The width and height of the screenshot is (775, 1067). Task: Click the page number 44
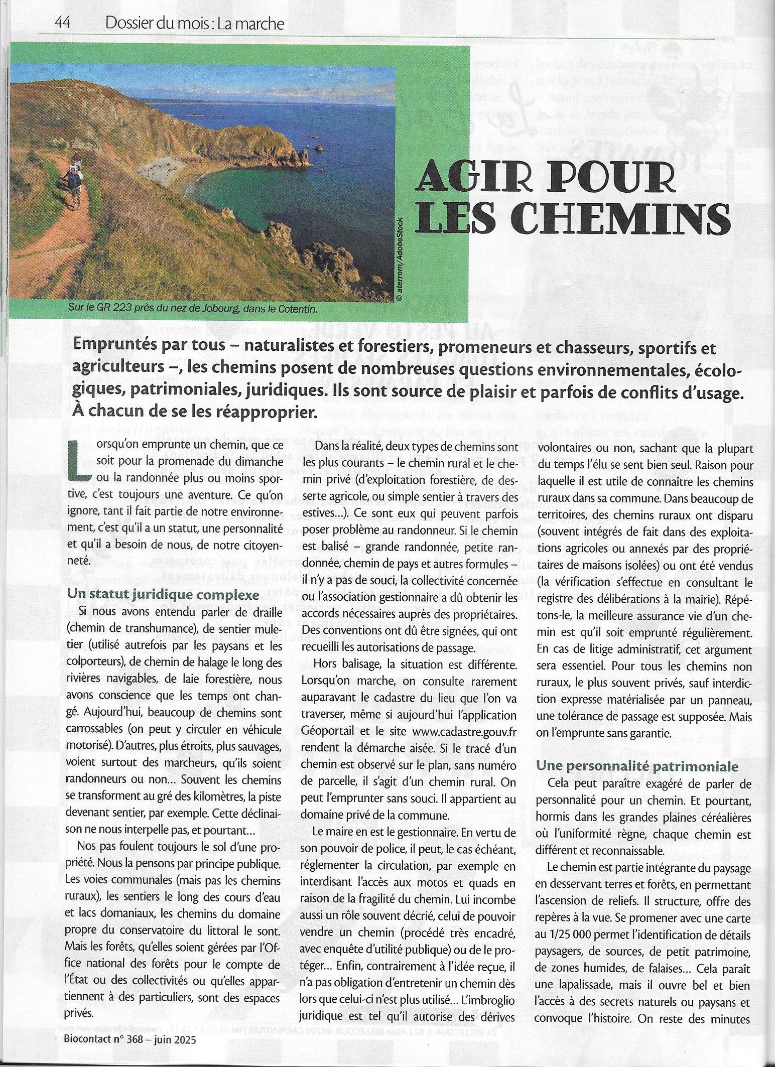tap(63, 23)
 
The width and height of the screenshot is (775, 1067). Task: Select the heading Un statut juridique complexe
tap(163, 595)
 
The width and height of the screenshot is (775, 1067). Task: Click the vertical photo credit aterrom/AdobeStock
tap(399, 259)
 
